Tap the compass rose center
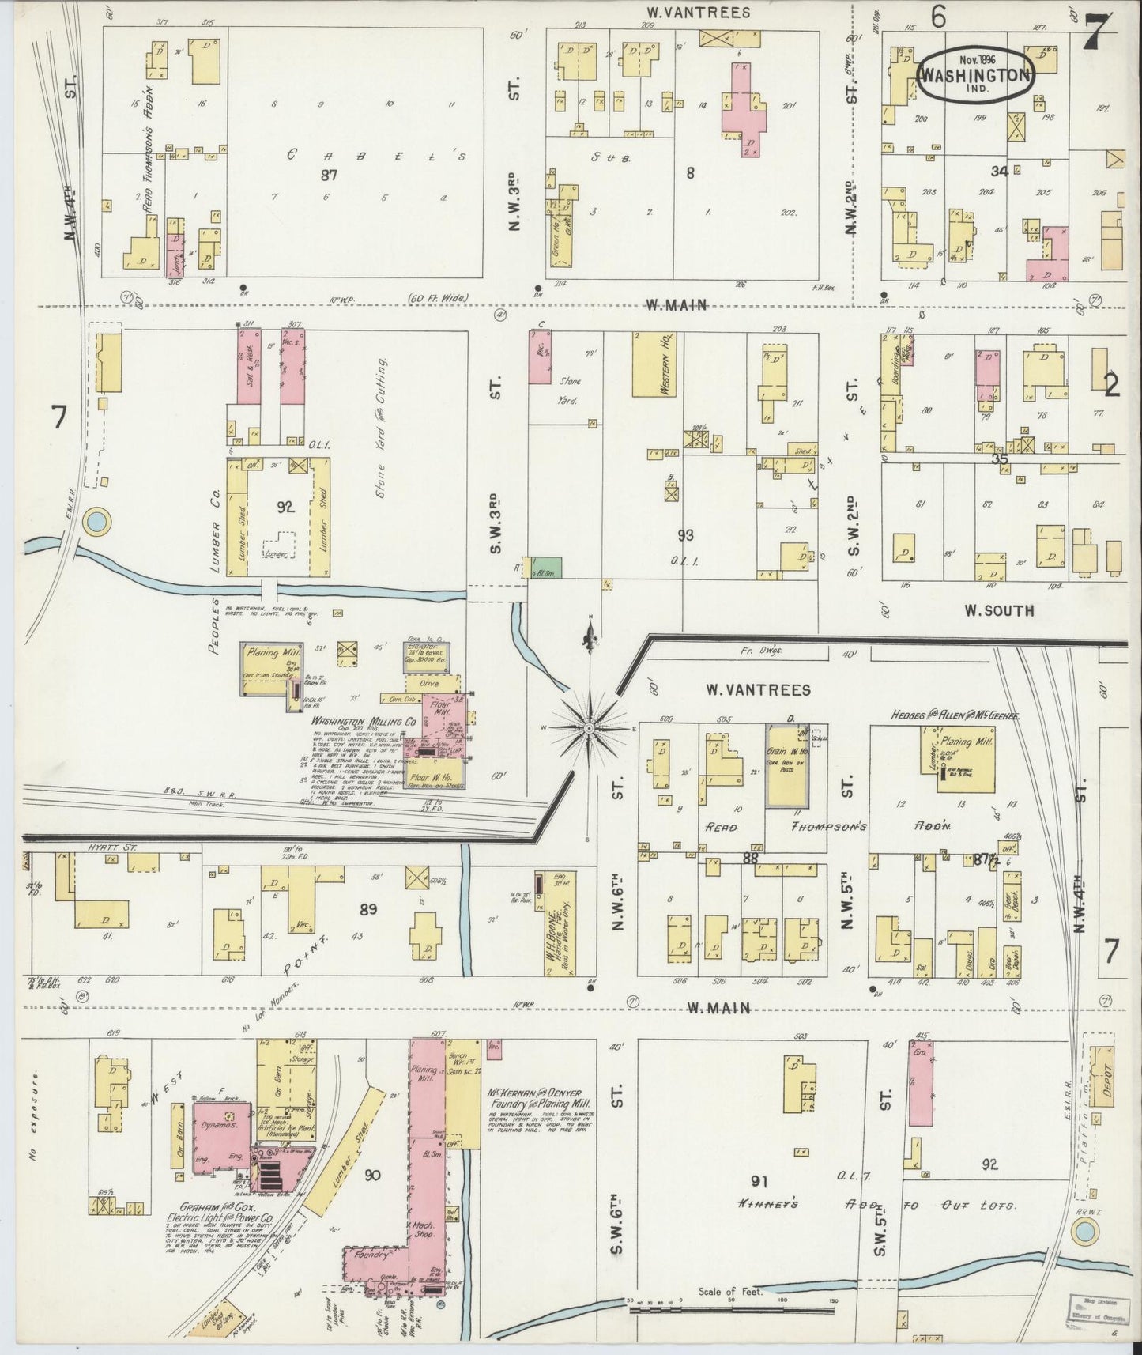(590, 725)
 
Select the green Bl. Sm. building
(543, 568)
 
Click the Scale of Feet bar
(731, 1309)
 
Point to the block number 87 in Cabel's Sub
(329, 176)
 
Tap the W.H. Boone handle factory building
(556, 923)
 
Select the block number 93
(685, 535)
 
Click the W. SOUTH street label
(998, 610)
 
